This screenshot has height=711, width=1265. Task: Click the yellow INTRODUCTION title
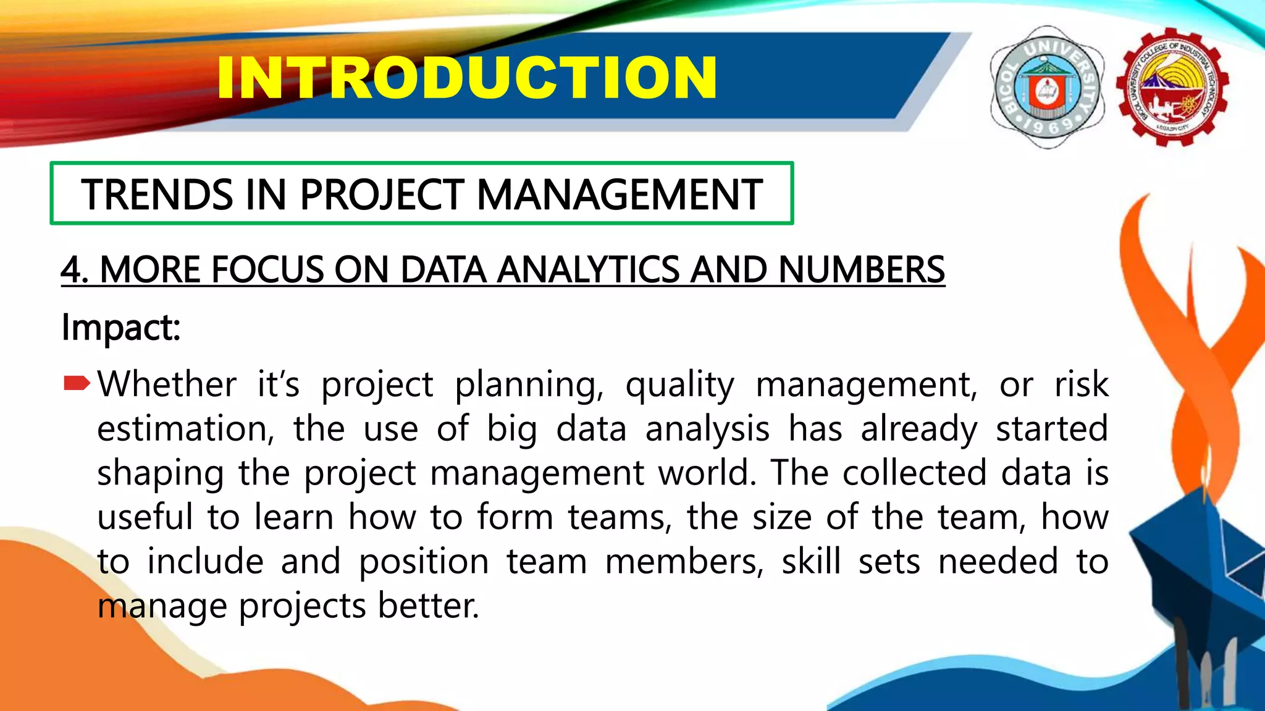467,78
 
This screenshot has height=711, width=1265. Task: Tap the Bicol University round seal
1047,87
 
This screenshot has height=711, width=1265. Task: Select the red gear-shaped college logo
1172,87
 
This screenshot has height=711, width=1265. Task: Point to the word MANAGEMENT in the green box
620,195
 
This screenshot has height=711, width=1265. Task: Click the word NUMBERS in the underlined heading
861,270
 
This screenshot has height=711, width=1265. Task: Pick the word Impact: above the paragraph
121,327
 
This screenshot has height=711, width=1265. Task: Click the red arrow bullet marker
77,384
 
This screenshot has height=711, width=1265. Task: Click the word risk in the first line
1081,384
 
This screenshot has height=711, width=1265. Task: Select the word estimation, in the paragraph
185,429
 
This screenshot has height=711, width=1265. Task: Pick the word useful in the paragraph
145,517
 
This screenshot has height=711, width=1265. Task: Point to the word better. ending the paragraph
428,606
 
